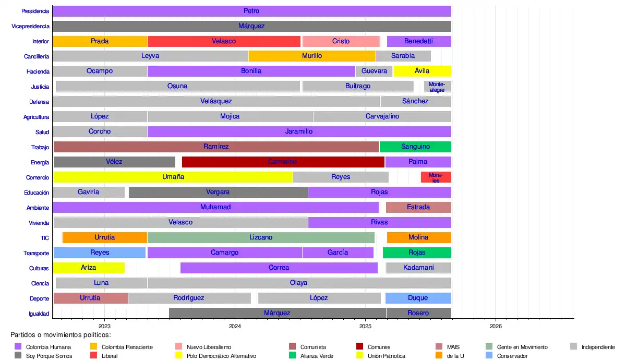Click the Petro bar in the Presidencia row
pos(251,11)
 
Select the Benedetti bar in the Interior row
pos(418,41)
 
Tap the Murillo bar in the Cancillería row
pos(312,56)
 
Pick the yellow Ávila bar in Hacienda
pos(422,71)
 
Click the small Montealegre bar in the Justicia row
pos(437,87)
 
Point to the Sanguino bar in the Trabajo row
pos(415,147)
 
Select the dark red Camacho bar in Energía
pos(283,162)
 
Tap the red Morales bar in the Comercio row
pos(436,177)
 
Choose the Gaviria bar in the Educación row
pos(88,192)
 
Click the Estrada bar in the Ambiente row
pos(418,207)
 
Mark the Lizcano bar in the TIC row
pos(261,237)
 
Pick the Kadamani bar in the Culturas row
pos(418,268)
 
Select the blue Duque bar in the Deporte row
pos(418,298)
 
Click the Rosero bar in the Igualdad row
pos(418,313)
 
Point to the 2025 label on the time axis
pos(365,326)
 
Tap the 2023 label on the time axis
pos(104,326)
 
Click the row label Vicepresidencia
pos(30,26)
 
